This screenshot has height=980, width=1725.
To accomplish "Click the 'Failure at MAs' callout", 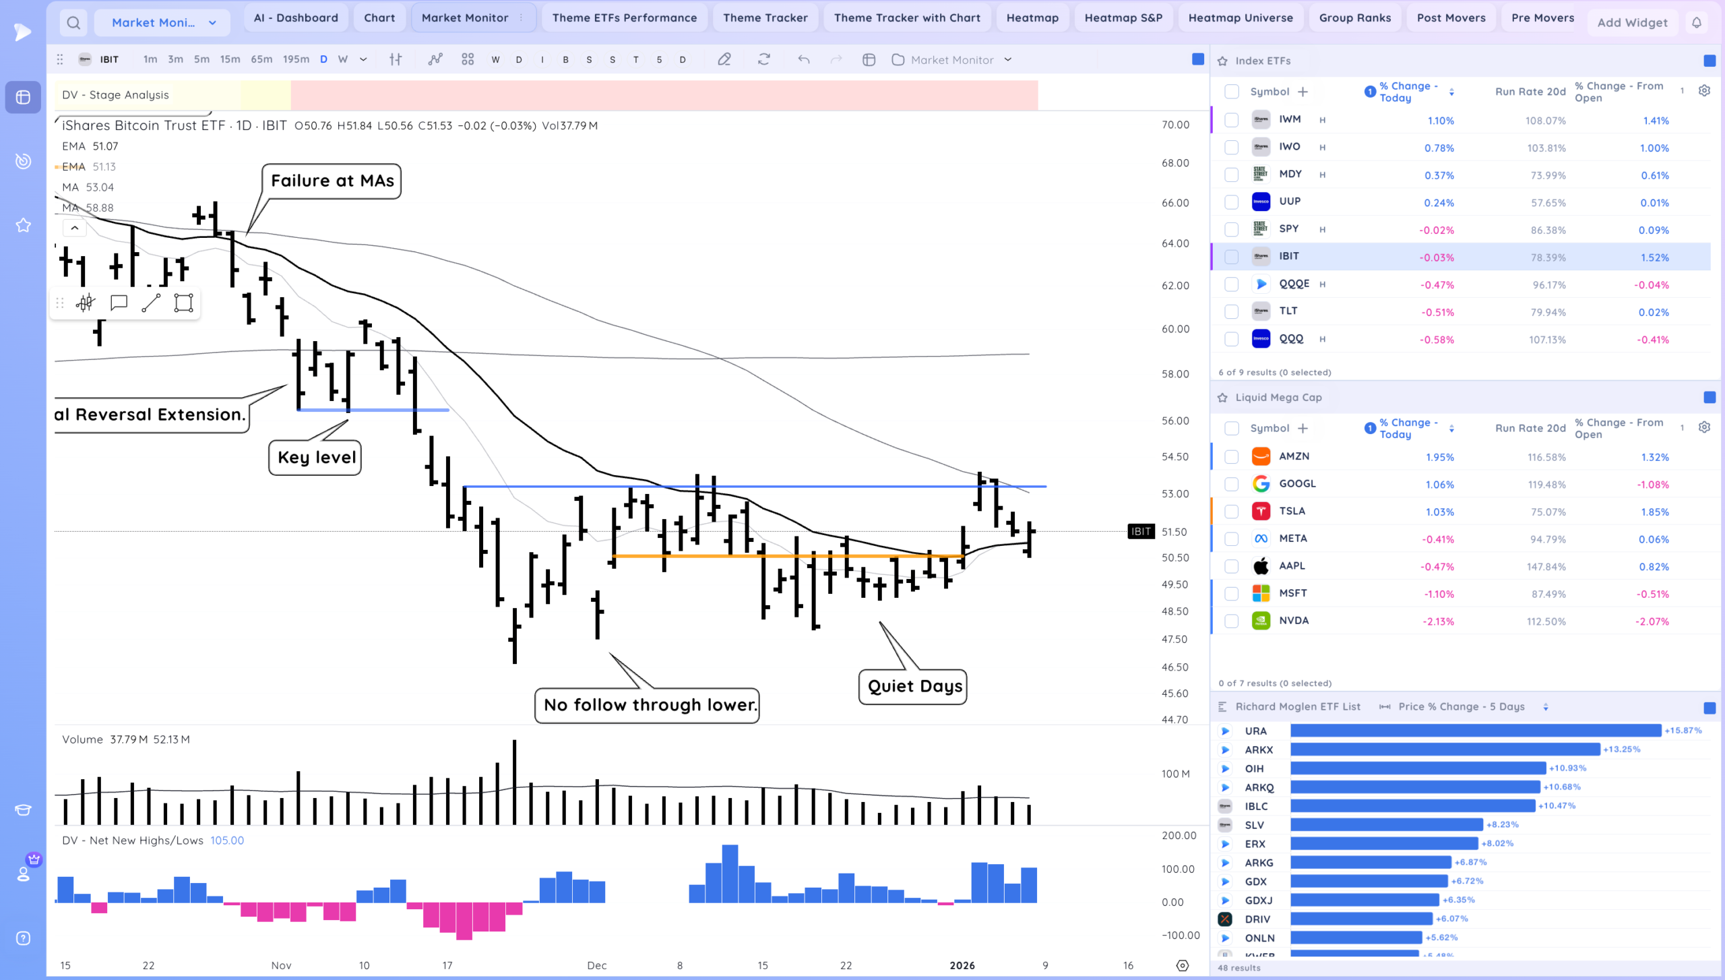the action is coord(332,181).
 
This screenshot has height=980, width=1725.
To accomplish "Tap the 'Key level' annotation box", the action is coord(315,458).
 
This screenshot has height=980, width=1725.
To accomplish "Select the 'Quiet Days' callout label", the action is coord(913,687).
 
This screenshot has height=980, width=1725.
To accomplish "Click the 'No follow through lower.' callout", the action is coord(647,706).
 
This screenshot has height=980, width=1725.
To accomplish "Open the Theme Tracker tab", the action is coord(765,18).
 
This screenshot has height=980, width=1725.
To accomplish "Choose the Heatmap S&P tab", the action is coord(1123,18).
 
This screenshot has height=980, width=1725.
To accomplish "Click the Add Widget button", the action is coord(1632,23).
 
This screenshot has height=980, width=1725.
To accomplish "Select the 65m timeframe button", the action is coord(261,59).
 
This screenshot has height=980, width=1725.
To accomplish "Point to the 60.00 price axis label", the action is coord(1175,329).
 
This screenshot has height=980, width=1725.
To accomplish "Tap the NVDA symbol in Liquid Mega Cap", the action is coord(1294,621).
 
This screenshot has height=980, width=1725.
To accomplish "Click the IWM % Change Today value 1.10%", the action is coord(1441,121).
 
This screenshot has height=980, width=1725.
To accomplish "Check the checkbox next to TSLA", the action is coord(1231,512).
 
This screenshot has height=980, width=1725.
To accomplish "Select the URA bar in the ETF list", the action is coord(1476,731).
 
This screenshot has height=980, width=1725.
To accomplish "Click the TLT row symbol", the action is coord(1288,311).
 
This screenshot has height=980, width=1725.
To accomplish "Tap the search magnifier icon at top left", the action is coord(73,23).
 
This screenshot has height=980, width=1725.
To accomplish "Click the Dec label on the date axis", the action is coord(596,965).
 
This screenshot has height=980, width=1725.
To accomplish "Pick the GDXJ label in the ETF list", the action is coord(1259,900).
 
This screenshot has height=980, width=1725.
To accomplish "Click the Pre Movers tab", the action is coord(1542,18).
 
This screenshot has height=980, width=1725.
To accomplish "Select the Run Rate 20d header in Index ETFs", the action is coord(1530,92).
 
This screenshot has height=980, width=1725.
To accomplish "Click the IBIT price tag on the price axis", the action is coord(1141,532).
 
